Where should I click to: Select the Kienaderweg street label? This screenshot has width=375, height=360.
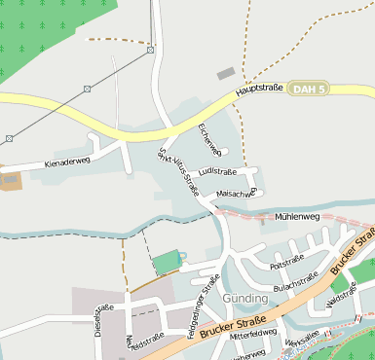pyautogui.click(x=67, y=163)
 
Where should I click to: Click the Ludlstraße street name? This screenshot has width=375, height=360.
pyautogui.click(x=217, y=171)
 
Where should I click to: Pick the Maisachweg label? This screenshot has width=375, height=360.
pyautogui.click(x=235, y=193)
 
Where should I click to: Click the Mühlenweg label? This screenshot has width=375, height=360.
pyautogui.click(x=297, y=216)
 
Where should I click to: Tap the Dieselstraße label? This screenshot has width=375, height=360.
pyautogui.click(x=97, y=320)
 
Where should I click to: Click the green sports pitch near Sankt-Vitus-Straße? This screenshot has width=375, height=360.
pyautogui.click(x=167, y=262)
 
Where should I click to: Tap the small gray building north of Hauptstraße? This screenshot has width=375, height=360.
pyautogui.click(x=226, y=73)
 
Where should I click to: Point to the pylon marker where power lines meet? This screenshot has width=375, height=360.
pyautogui.click(x=150, y=49)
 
